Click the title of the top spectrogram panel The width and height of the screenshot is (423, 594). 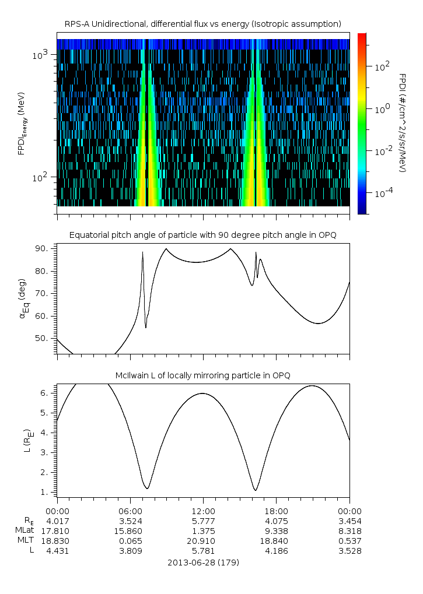(x=203, y=24)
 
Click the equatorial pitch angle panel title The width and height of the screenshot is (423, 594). (x=203, y=235)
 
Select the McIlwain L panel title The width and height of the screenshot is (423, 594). (x=203, y=375)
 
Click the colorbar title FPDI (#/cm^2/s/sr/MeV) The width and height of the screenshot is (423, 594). (x=402, y=122)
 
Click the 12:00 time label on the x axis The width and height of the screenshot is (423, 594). (x=203, y=511)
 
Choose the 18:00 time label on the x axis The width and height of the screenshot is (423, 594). (x=276, y=511)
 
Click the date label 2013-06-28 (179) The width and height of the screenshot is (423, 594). (x=203, y=563)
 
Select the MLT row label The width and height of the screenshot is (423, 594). (x=23, y=540)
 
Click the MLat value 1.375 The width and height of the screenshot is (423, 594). (x=203, y=530)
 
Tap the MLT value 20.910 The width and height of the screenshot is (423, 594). (x=203, y=540)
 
